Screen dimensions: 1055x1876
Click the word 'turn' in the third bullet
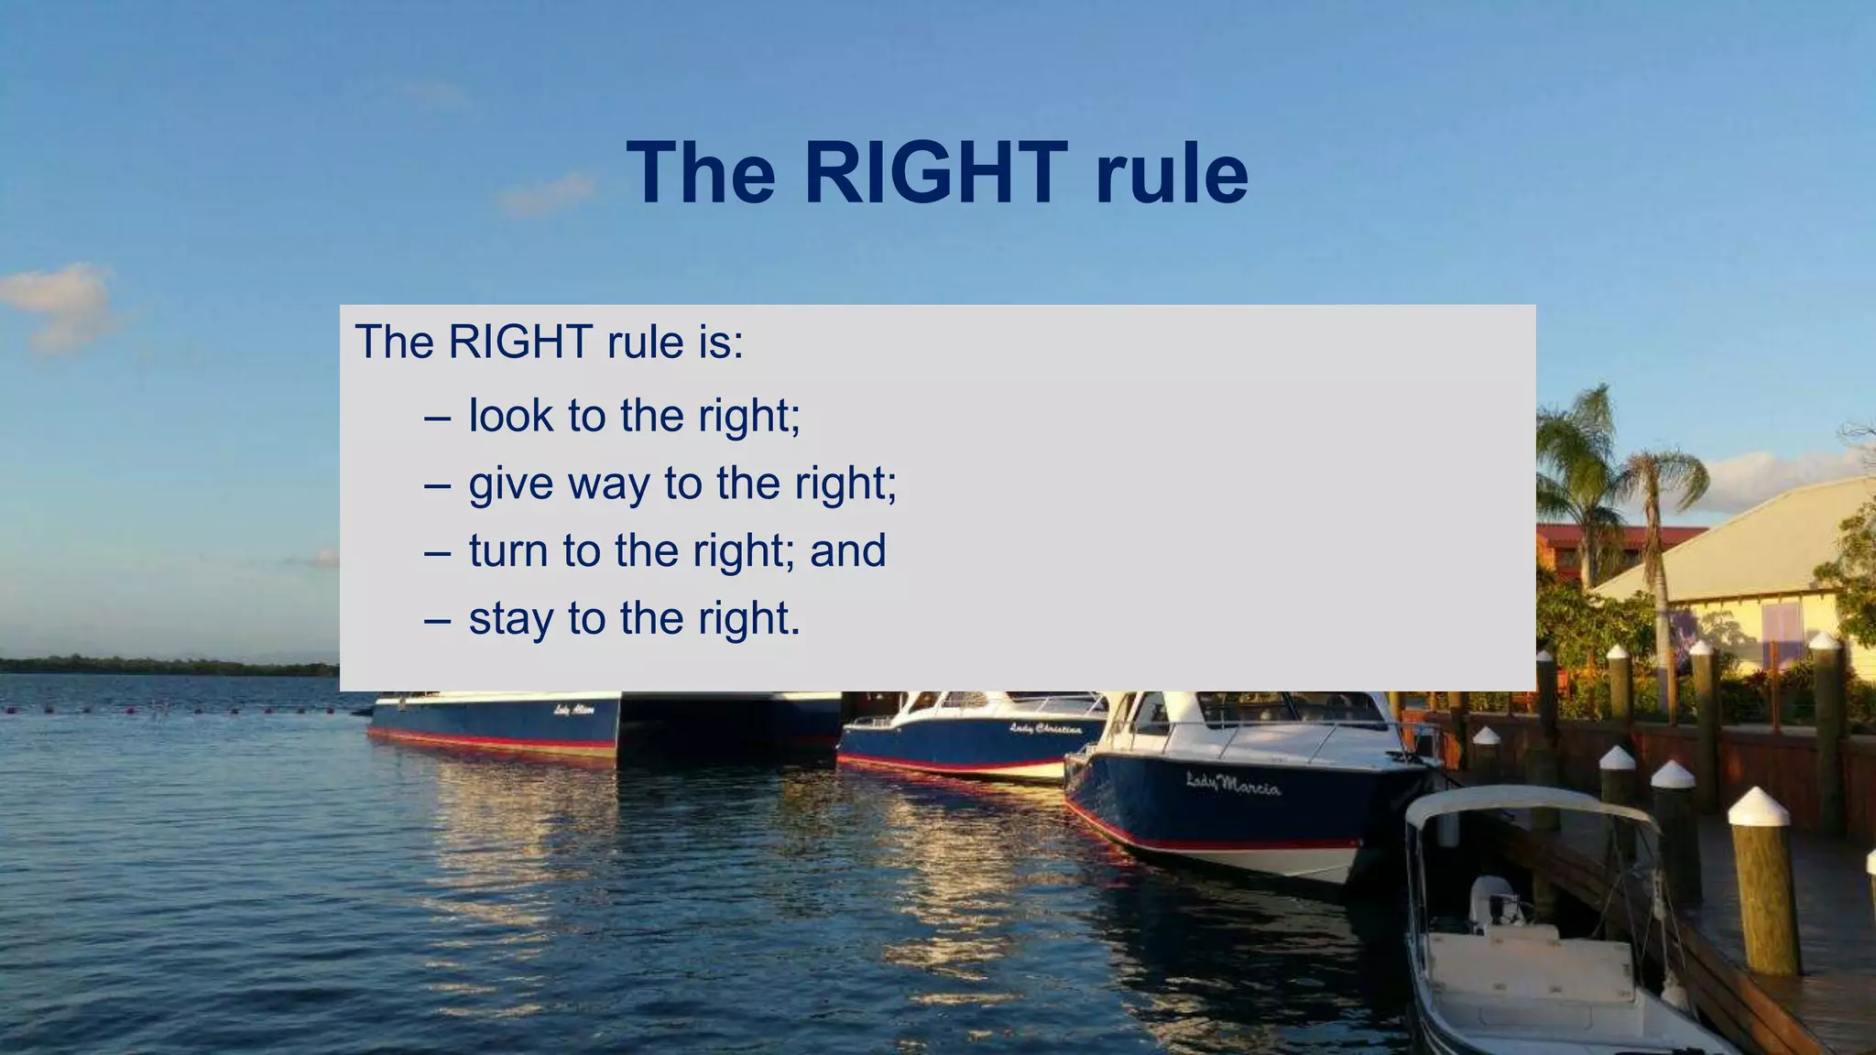508,551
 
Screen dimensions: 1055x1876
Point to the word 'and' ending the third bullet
847,551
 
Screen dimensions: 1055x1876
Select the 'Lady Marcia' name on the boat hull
1233,784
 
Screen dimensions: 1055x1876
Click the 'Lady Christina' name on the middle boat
1045,729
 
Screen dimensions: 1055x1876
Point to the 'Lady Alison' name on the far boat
574,710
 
